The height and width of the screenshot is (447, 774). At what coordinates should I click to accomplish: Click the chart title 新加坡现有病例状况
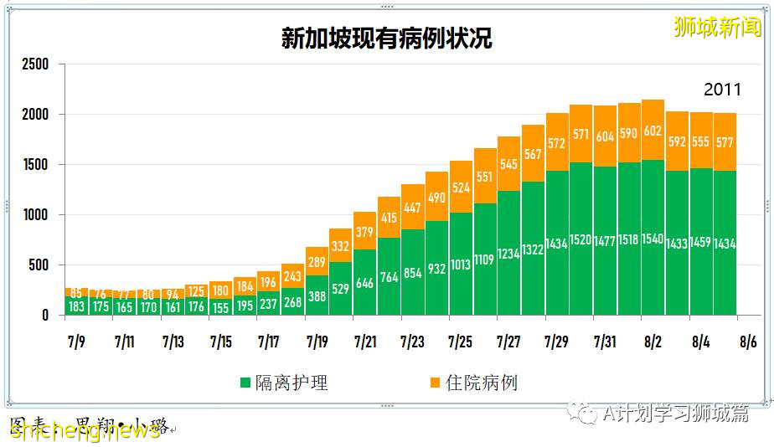tap(386, 39)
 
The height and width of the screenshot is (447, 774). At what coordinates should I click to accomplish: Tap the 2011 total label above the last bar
tap(722, 90)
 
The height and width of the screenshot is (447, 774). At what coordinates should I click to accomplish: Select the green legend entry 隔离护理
tap(285, 383)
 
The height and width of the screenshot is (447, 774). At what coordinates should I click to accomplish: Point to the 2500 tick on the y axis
tap(35, 64)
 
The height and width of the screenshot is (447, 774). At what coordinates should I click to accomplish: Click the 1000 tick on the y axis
tap(35, 215)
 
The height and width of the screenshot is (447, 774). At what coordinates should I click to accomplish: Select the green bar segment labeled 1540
tap(653, 239)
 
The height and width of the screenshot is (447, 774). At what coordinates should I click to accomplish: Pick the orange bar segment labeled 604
tap(605, 136)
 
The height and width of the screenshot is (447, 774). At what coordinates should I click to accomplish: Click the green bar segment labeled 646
tap(364, 283)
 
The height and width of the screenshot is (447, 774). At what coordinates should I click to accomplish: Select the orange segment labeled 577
tap(725, 142)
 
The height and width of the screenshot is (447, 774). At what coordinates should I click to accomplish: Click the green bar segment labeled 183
tap(76, 306)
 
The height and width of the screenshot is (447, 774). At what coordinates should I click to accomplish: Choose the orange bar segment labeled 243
tap(292, 276)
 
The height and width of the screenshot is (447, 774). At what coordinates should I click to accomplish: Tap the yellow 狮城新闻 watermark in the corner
tap(718, 27)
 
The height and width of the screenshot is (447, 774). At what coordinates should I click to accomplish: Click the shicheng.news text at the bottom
tap(84, 430)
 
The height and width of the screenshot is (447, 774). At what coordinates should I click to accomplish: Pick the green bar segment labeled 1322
tap(533, 249)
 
